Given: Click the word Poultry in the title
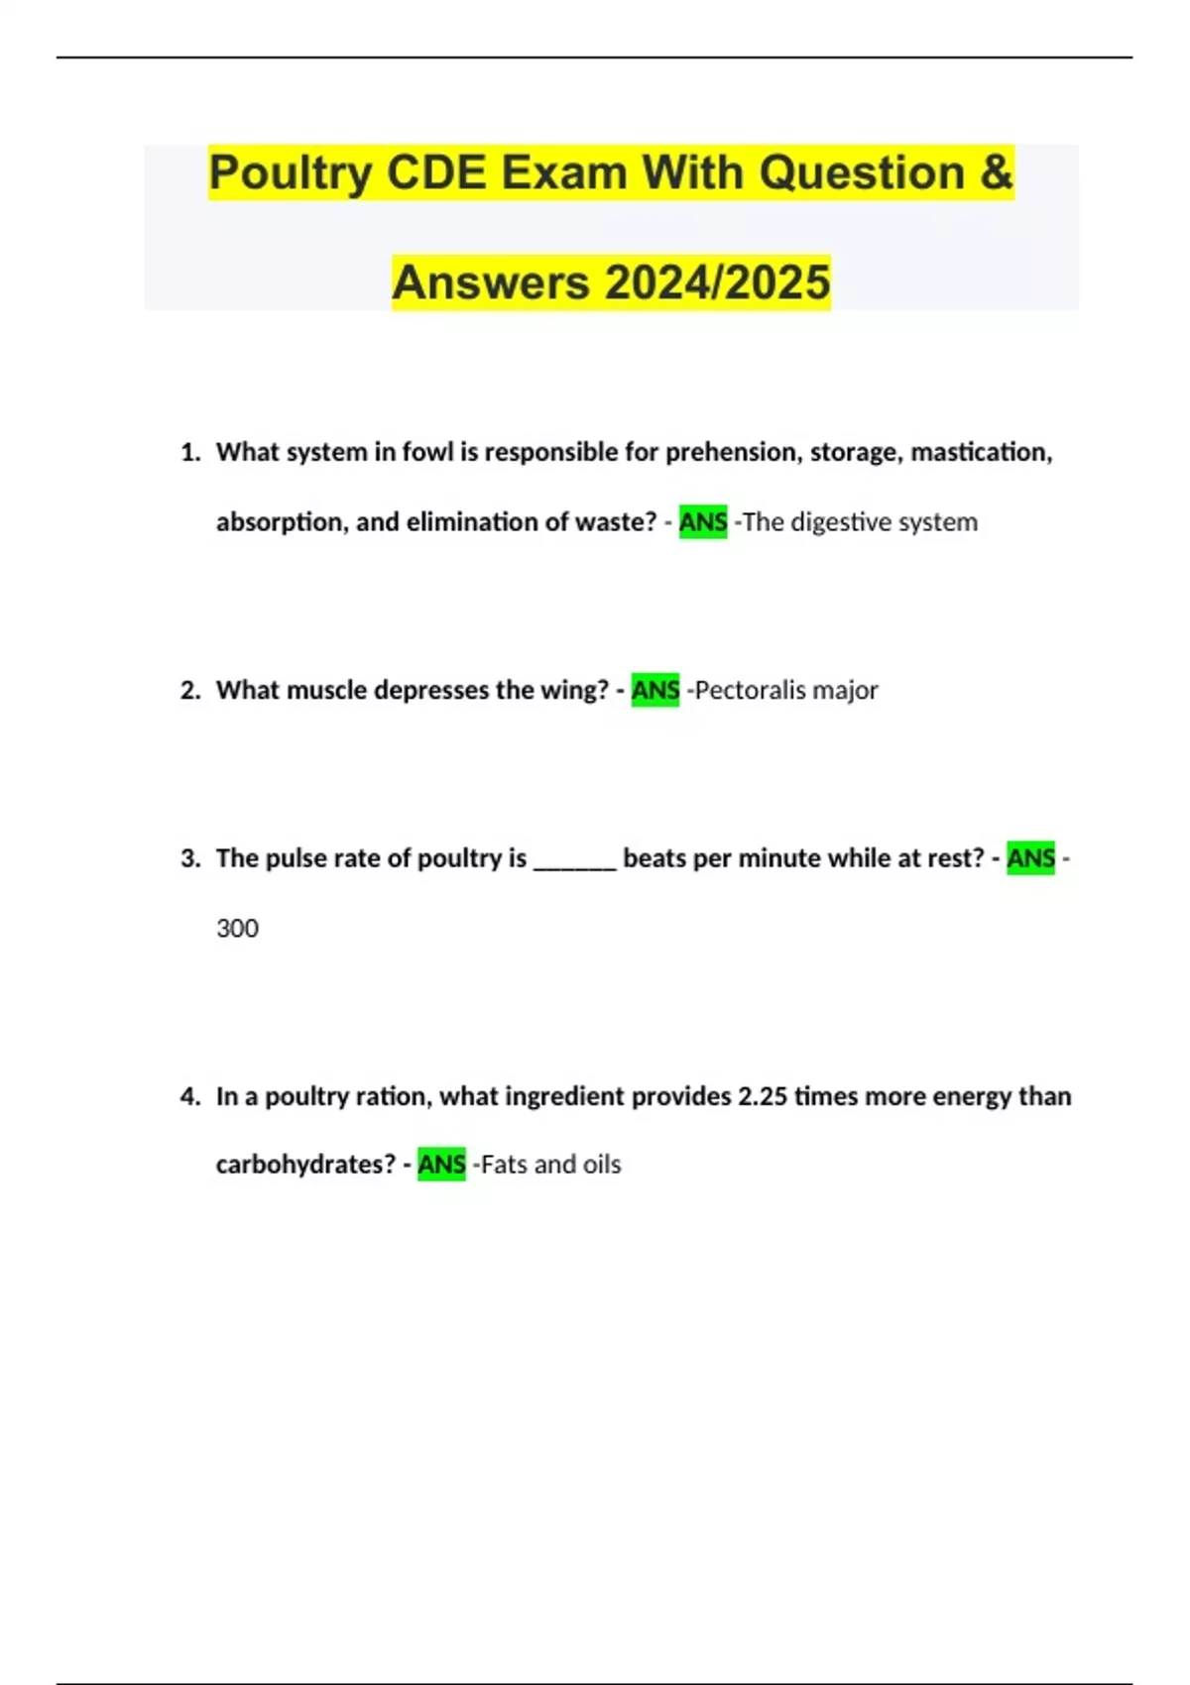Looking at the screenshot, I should pos(289,173).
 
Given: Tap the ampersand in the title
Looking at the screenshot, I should pos(996,172).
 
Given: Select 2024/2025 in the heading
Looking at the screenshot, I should pos(717,282).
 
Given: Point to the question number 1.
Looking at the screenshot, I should pos(189,453).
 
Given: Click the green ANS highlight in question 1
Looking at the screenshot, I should pos(703,521).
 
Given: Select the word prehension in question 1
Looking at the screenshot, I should pos(734,453).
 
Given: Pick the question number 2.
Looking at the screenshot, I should pos(189,690).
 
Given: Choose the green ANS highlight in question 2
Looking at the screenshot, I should pos(655,690).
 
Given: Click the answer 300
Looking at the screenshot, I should pos(237,929).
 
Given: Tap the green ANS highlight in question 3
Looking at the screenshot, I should pos(1030,858).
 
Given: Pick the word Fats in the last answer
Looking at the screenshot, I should pos(504,1164).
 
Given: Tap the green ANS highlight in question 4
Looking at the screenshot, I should pos(441,1164).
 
